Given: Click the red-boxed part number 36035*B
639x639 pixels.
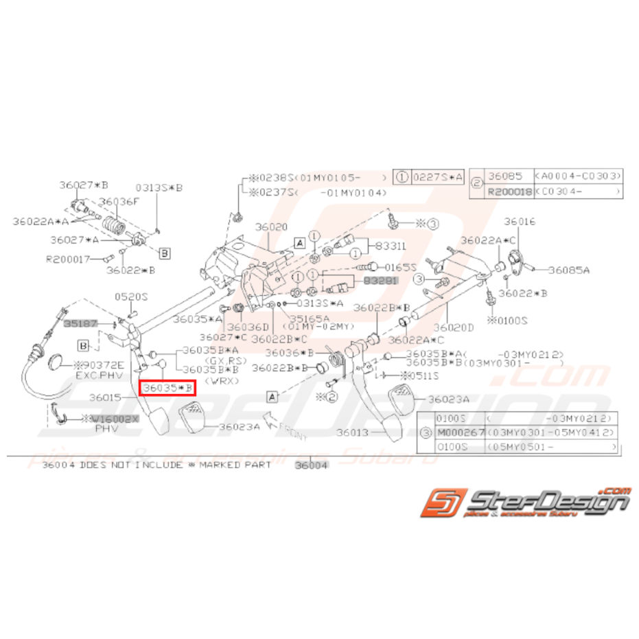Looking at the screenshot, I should (x=167, y=388).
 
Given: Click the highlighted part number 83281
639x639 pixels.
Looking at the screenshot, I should (x=380, y=281).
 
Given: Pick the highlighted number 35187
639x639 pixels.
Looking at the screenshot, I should (x=82, y=321).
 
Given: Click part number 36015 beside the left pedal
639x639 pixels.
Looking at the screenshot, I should (x=105, y=397).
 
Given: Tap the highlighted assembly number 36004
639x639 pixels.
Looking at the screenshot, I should (x=312, y=465).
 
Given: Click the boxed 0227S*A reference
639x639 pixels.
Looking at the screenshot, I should (x=437, y=176).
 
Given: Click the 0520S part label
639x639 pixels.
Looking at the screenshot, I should (x=131, y=297).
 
